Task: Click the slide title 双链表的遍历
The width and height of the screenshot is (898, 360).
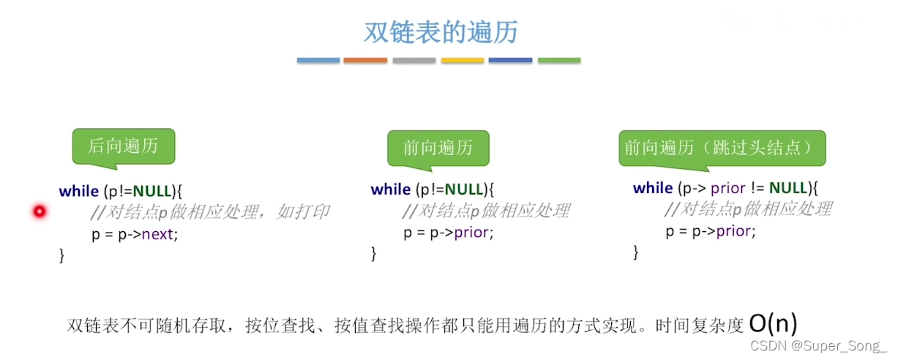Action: click(441, 33)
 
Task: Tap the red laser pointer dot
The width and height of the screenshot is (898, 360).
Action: click(40, 211)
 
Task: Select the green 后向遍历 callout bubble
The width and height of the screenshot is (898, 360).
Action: click(123, 146)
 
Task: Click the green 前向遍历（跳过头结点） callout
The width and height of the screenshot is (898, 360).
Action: click(722, 148)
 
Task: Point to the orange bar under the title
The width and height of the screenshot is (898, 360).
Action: click(365, 60)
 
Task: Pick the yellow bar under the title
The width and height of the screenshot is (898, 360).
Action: click(463, 60)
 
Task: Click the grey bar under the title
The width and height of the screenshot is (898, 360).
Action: click(414, 60)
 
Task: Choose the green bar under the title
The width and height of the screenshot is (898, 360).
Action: click(559, 60)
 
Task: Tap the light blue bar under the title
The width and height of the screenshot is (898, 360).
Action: click(318, 60)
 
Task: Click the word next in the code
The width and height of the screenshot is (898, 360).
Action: click(159, 235)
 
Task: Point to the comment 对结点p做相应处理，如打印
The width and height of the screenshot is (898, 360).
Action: click(209, 212)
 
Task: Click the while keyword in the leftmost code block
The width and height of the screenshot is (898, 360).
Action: click(78, 191)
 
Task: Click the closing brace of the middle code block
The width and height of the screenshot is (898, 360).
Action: click(374, 254)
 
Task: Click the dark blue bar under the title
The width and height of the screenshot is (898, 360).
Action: click(511, 60)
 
